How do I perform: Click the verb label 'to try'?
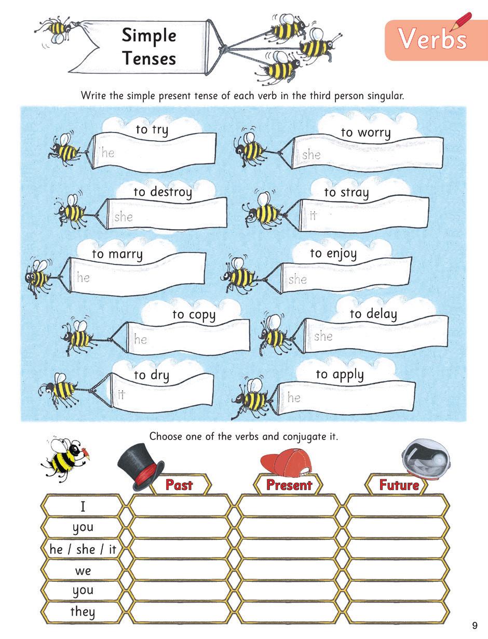[152, 130]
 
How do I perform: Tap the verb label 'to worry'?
[365, 132]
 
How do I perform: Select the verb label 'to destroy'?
[162, 192]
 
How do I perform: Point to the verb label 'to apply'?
[340, 375]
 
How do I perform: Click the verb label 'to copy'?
[194, 315]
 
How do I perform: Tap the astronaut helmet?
[426, 458]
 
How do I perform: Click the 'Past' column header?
[179, 485]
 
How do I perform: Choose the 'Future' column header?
[399, 485]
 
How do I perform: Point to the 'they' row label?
[83, 611]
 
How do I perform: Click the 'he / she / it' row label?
[83, 549]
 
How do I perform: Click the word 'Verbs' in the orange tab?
[432, 39]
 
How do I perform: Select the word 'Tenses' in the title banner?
[149, 58]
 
